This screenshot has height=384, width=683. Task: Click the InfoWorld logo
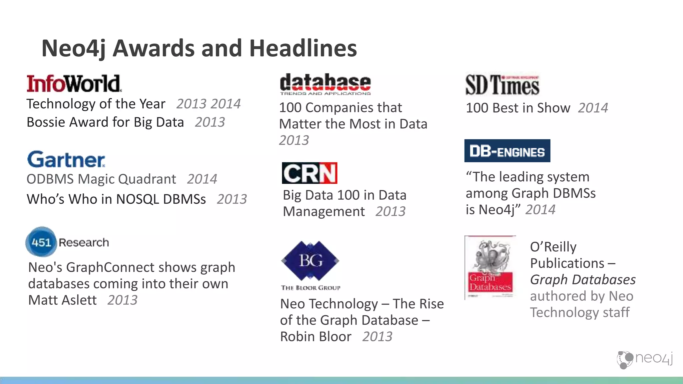point(74,83)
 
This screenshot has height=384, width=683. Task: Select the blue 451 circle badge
point(41,242)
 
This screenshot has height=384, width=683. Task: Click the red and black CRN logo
point(309,173)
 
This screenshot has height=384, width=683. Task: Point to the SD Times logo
point(502,85)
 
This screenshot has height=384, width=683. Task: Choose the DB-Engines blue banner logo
point(507,151)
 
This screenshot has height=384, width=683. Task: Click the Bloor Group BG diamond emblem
point(310,261)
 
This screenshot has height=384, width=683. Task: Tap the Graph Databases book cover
point(490,268)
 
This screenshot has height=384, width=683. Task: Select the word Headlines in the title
point(303,48)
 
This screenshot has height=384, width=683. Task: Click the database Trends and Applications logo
point(325,84)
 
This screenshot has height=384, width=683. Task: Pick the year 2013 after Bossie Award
point(210,122)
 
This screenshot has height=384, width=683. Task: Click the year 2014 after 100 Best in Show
point(593,108)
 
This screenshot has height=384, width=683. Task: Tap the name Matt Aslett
point(62,300)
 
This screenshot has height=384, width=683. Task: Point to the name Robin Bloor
point(315,337)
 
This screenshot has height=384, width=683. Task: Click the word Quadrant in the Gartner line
point(147,179)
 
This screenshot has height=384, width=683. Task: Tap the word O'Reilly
point(553,247)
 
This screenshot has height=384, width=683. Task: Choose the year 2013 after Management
point(390,211)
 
